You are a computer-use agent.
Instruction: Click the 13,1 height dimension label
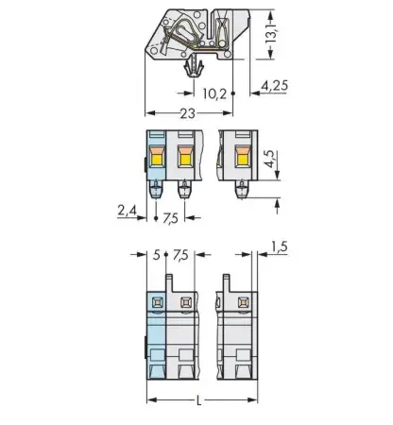coord(271,36)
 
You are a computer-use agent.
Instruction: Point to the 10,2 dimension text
coord(214,93)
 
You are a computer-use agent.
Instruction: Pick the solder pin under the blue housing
coord(156,192)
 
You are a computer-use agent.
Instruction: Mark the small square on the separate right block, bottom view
coord(242,301)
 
